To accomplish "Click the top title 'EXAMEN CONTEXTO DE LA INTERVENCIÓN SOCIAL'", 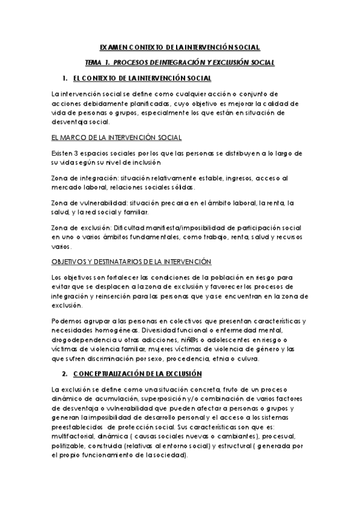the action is coord(180,47).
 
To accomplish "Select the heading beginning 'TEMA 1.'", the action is coord(180,63).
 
